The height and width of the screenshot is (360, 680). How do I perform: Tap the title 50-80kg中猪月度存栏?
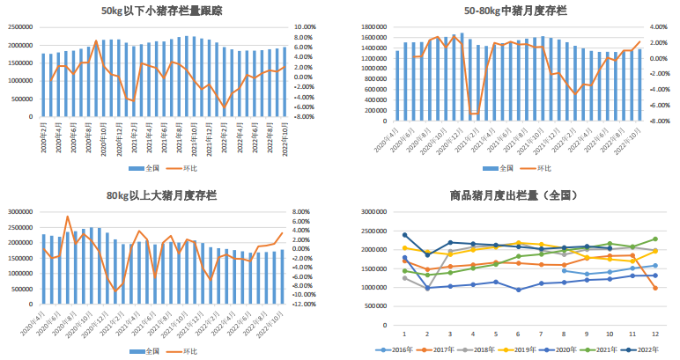click(515, 11)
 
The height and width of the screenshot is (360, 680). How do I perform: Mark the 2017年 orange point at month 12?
click(654, 288)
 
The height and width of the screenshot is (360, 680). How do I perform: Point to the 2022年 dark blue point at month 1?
click(404, 235)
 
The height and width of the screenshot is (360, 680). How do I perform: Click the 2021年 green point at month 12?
click(654, 239)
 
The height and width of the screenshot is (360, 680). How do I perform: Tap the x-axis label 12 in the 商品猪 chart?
click(654, 334)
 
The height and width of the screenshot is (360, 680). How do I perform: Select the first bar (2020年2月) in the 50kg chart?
click(43, 84)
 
